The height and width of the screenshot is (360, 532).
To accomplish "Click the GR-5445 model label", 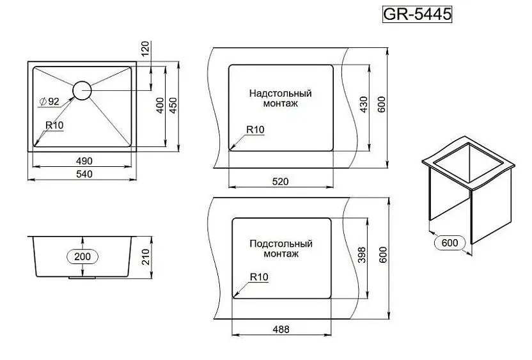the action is click(418, 14).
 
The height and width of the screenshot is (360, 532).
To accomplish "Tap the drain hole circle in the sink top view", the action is click(82, 81).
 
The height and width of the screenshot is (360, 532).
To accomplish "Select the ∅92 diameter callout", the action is click(49, 102).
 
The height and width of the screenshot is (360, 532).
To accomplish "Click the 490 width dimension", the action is click(84, 161).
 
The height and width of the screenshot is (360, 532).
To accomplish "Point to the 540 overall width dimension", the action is click(84, 174).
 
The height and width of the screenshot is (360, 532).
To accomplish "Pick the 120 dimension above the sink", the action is click(145, 49).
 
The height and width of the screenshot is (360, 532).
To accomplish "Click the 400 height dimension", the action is click(159, 105).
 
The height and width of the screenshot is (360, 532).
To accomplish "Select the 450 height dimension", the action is click(173, 105).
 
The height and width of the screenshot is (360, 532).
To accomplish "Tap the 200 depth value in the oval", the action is click(82, 256).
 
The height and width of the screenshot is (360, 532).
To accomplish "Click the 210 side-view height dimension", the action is click(145, 257).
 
